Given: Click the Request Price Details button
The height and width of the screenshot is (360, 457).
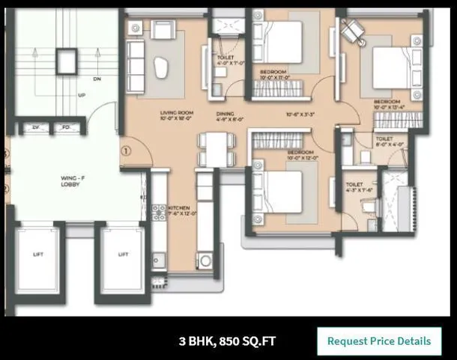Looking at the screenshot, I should (379, 341).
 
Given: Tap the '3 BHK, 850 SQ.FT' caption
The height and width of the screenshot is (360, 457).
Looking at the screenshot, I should (227, 341).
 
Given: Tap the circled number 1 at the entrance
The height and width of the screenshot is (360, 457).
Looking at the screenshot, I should (127, 150).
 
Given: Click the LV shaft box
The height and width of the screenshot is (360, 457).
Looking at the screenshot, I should (34, 128).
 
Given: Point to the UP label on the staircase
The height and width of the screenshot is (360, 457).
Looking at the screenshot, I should (82, 95).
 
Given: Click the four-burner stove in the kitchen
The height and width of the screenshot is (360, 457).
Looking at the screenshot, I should (158, 214).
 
